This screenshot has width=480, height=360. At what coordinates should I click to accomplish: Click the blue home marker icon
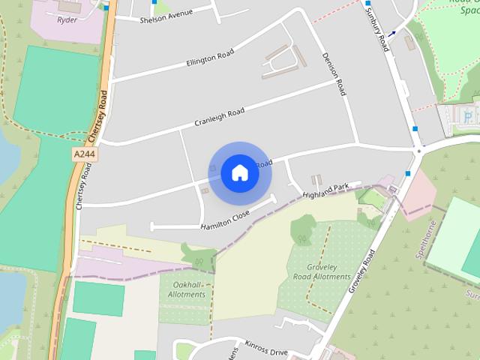pyautogui.click(x=239, y=173)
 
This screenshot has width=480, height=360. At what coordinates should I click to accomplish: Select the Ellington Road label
pyautogui.click(x=210, y=58)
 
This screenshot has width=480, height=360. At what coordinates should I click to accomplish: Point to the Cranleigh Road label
pyautogui.click(x=220, y=117)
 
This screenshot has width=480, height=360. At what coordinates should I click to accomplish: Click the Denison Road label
pyautogui.click(x=334, y=73)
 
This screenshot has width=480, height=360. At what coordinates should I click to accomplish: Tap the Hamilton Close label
pyautogui.click(x=225, y=220)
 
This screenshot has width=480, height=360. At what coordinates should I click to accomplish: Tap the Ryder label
pyautogui.click(x=67, y=19)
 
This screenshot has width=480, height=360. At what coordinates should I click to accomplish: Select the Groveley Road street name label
pyautogui.click(x=361, y=271)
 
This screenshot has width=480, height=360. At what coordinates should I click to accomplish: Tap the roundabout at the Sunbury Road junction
pyautogui.click(x=419, y=150)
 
